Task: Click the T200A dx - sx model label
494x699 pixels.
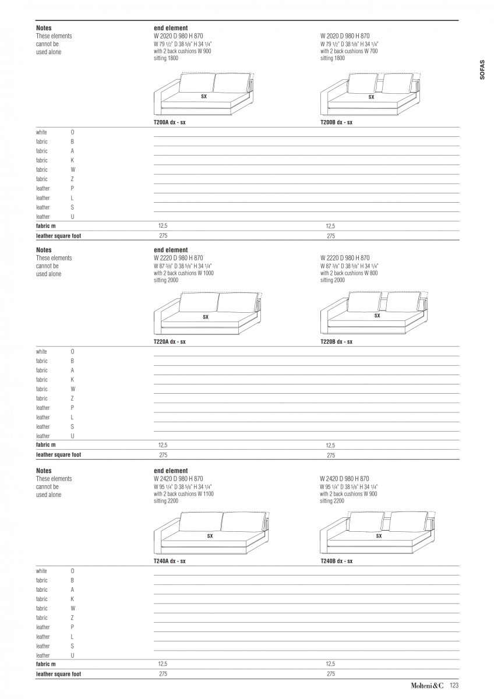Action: [170, 123]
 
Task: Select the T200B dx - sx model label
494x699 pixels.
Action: [336, 123]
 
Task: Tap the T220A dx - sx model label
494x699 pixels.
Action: [170, 342]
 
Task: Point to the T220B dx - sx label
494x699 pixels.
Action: [336, 342]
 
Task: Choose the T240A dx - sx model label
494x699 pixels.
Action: [170, 562]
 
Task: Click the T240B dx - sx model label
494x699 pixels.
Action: [336, 562]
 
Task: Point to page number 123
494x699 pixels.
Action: [454, 686]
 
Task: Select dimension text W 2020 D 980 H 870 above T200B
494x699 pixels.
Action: [345, 36]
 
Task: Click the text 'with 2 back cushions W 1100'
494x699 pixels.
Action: [184, 494]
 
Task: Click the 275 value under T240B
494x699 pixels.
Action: [331, 674]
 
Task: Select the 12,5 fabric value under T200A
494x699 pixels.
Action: [163, 226]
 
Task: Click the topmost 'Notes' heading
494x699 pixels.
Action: [44, 28]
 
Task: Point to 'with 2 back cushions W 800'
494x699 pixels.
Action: [349, 273]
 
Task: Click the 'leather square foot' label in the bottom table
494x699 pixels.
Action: [58, 674]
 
